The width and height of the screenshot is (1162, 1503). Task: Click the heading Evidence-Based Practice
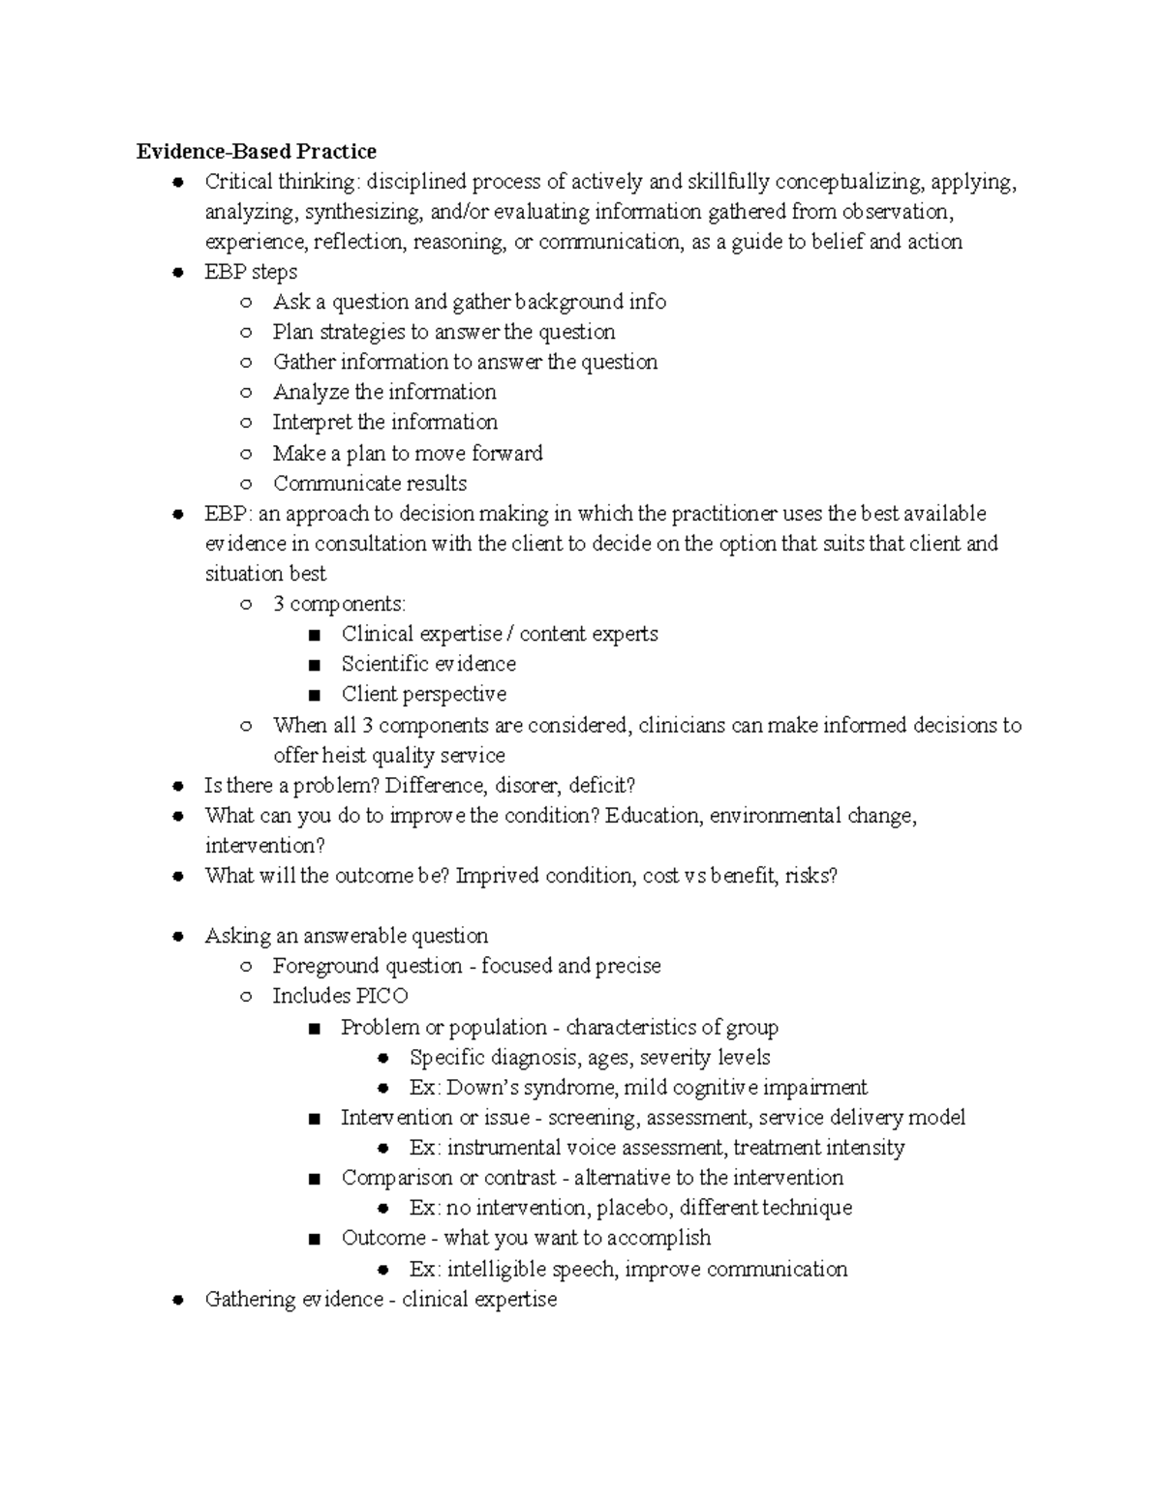256,151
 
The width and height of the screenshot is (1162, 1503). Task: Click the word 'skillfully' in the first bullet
728,181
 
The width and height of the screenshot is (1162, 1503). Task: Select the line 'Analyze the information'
384,392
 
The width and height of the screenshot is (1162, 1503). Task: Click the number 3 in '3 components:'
279,604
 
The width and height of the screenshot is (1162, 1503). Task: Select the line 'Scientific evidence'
428,664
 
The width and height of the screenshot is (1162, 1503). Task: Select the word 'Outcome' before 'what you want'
383,1238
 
